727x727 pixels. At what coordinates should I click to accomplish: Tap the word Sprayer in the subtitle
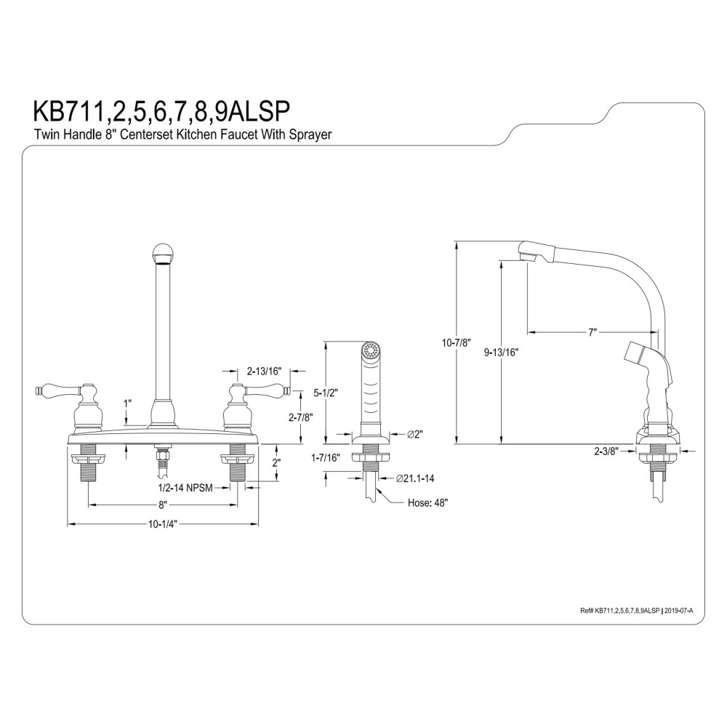click(x=310, y=135)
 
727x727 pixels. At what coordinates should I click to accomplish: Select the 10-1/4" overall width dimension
click(x=163, y=524)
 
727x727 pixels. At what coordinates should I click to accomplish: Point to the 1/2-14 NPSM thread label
click(x=185, y=488)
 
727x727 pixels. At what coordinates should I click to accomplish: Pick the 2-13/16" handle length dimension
click(x=265, y=371)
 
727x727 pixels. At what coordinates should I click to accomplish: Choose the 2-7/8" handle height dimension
click(x=301, y=417)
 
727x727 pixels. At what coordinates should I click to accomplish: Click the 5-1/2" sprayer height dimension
click(x=326, y=393)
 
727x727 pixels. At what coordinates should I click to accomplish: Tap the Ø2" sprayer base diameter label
click(x=415, y=435)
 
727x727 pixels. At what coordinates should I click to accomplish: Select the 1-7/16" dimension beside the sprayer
click(x=326, y=458)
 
